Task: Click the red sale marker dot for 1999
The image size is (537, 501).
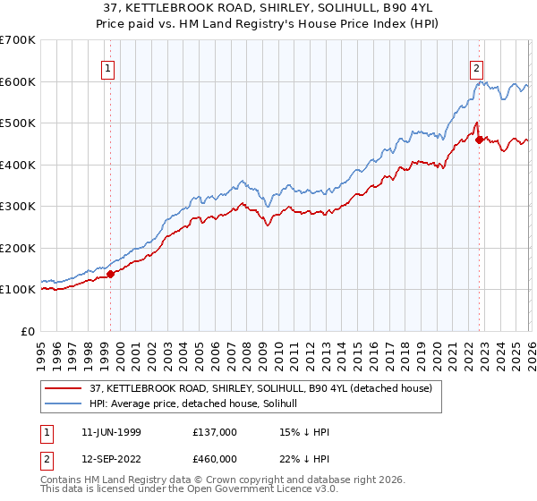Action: coord(111,275)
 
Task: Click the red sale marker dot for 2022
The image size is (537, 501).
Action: coord(480,140)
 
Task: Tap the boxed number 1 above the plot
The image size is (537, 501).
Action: coord(107,67)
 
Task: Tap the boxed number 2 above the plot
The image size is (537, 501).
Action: coord(477,67)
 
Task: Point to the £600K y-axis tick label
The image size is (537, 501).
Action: coord(18,81)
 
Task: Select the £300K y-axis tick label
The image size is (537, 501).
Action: coord(18,207)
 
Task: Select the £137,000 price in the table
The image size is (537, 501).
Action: coord(214,431)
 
